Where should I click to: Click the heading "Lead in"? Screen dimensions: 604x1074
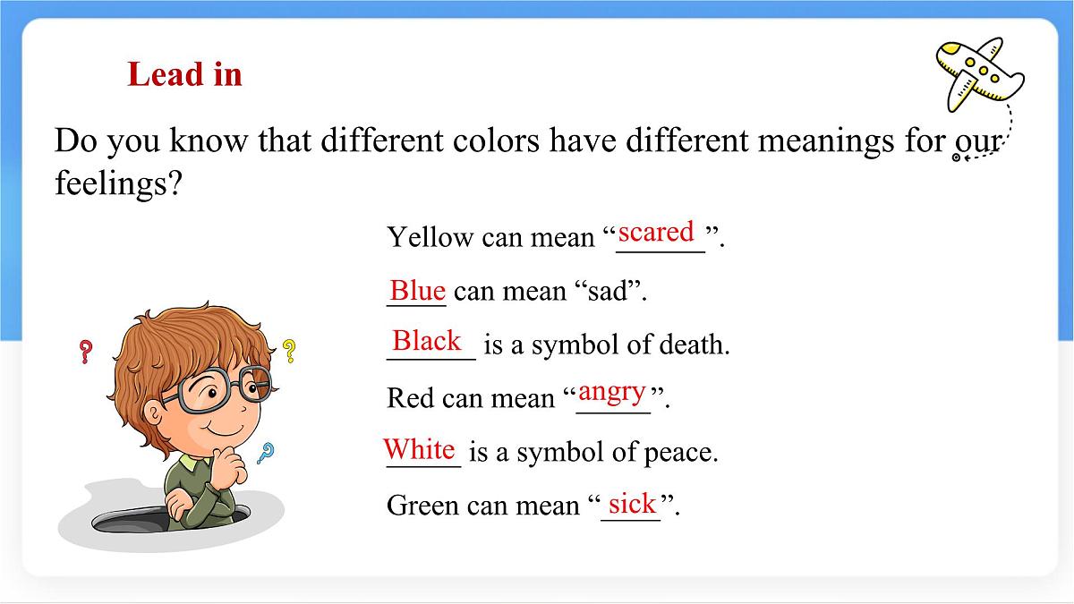184,73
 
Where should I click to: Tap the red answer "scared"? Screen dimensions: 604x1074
656,232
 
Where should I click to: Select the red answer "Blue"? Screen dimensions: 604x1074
417,290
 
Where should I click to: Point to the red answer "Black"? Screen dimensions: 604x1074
427,341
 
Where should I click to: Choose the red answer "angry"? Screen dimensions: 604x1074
612,392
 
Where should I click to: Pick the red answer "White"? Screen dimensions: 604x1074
419,447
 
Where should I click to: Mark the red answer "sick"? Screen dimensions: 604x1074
632,504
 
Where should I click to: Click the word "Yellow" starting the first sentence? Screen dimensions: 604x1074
430,237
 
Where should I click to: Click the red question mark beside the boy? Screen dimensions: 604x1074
86,351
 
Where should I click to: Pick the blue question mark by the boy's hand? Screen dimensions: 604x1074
265,454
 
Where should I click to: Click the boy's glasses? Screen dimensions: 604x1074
219,391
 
